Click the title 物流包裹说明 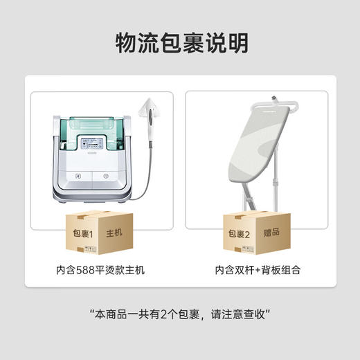(x=180, y=42)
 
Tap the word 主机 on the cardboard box (x=114, y=233)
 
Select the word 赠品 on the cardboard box (x=270, y=233)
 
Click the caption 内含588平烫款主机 (x=100, y=270)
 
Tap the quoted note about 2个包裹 (x=180, y=314)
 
